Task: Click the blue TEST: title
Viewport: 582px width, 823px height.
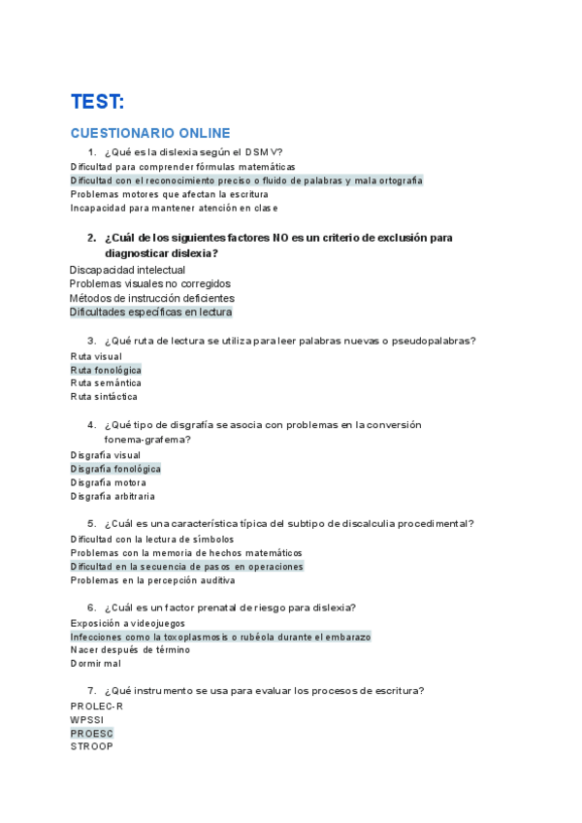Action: pos(97,102)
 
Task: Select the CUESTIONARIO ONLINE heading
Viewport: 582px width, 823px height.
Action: pos(150,133)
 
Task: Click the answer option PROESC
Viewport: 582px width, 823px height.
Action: pos(91,734)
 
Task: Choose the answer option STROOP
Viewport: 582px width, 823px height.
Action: pos(91,746)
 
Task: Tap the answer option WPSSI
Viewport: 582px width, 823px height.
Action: pos(87,720)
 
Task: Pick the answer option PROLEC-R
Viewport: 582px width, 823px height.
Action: pos(96,707)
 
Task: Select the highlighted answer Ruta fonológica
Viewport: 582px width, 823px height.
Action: pos(106,370)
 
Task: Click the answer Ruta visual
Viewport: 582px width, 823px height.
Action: pos(96,356)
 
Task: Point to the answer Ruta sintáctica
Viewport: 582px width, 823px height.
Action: pos(104,396)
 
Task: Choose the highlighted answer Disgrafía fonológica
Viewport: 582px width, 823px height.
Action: pos(115,469)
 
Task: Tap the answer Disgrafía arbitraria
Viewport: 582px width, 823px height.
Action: pos(113,496)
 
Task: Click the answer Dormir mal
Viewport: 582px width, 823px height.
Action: pos(96,664)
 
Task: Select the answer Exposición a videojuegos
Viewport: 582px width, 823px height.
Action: pos(127,623)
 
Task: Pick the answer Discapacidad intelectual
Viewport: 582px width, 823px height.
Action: pos(127,270)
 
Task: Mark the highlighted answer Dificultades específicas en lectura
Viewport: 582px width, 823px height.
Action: pos(150,313)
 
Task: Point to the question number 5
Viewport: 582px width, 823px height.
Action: pos(91,524)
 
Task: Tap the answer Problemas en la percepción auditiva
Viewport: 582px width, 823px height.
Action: pos(152,580)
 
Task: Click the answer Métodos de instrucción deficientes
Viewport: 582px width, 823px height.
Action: pos(151,298)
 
